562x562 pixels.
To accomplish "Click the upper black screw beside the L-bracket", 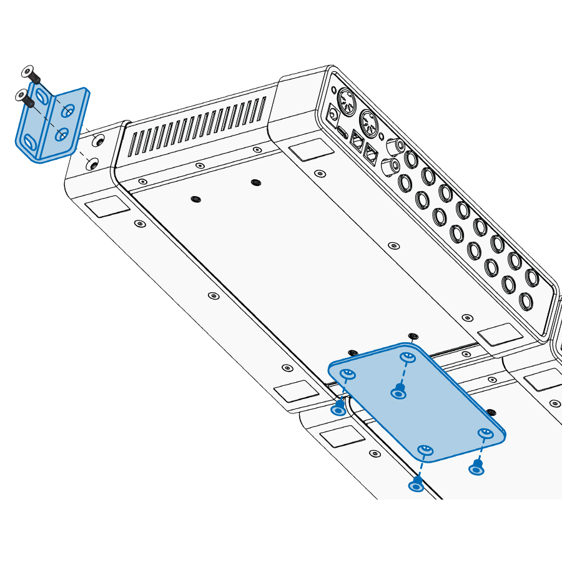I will [x=31, y=74].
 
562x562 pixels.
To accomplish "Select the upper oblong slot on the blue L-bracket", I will [x=42, y=96].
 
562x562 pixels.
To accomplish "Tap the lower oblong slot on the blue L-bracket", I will [x=27, y=144].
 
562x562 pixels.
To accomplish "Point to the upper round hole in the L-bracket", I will [x=68, y=111].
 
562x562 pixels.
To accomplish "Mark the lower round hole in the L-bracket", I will [x=62, y=134].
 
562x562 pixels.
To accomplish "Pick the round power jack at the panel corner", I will [x=334, y=114].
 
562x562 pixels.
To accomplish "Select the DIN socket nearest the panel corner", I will [x=347, y=100].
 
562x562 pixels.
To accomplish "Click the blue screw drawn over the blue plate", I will [x=398, y=392].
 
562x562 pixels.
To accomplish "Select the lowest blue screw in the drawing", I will [x=416, y=484].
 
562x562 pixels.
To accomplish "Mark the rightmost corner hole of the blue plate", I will [x=485, y=433].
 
